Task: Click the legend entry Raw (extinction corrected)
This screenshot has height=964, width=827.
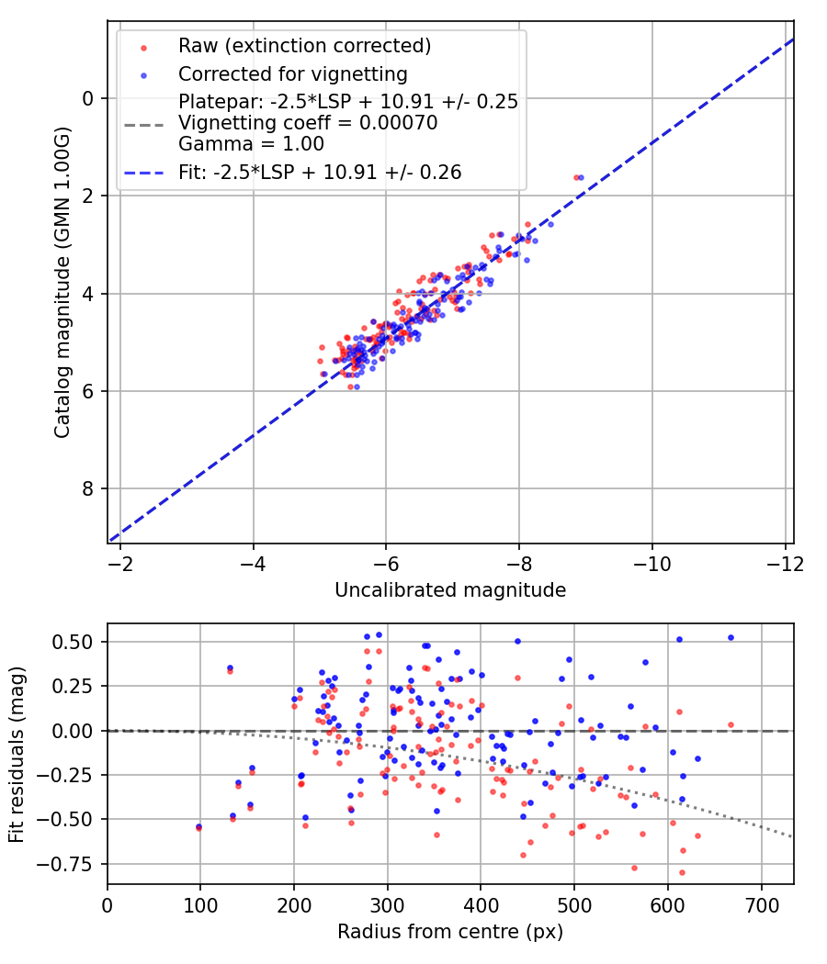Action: (304, 45)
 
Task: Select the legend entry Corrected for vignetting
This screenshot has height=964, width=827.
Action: (293, 73)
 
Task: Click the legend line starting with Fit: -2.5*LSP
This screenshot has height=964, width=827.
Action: (320, 172)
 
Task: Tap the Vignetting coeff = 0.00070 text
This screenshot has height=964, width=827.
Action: (308, 122)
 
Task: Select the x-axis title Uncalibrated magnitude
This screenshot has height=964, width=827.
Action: (450, 589)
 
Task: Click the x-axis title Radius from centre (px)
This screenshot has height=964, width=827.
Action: (450, 932)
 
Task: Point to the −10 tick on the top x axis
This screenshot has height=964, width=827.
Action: (651, 563)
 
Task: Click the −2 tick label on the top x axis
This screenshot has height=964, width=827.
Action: (119, 563)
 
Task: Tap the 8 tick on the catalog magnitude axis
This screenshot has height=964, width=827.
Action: (89, 488)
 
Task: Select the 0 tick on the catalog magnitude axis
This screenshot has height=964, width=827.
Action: (89, 98)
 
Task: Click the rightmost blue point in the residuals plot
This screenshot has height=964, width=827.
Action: (731, 637)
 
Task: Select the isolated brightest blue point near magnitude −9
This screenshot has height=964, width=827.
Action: (581, 177)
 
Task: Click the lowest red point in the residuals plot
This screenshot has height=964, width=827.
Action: (682, 872)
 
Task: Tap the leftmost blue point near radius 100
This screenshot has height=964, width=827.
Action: (198, 826)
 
